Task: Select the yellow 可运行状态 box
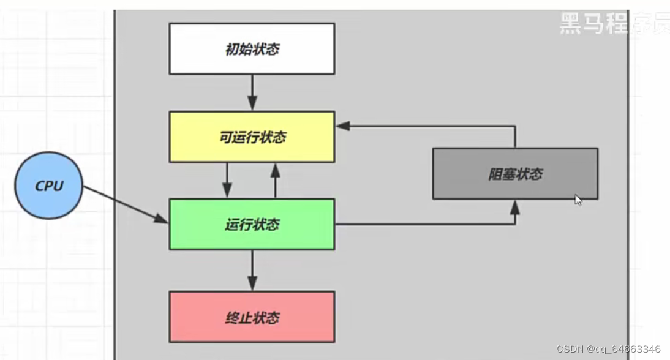(252, 137)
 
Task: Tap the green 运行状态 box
(252, 224)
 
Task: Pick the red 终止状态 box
(252, 317)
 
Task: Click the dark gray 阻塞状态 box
(515, 173)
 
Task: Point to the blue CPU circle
(49, 186)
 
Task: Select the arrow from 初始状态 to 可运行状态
(252, 92)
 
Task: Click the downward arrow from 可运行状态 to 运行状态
(227, 181)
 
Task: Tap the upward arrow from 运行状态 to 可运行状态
(276, 181)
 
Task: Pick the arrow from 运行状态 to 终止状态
(252, 270)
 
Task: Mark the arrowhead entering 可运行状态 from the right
(343, 126)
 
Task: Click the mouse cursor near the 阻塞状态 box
(578, 200)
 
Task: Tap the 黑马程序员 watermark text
(612, 23)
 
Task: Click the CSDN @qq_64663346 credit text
(608, 349)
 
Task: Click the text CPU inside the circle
(49, 186)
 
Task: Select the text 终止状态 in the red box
(252, 318)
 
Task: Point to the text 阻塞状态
(515, 174)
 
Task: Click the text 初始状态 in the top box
(252, 50)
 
